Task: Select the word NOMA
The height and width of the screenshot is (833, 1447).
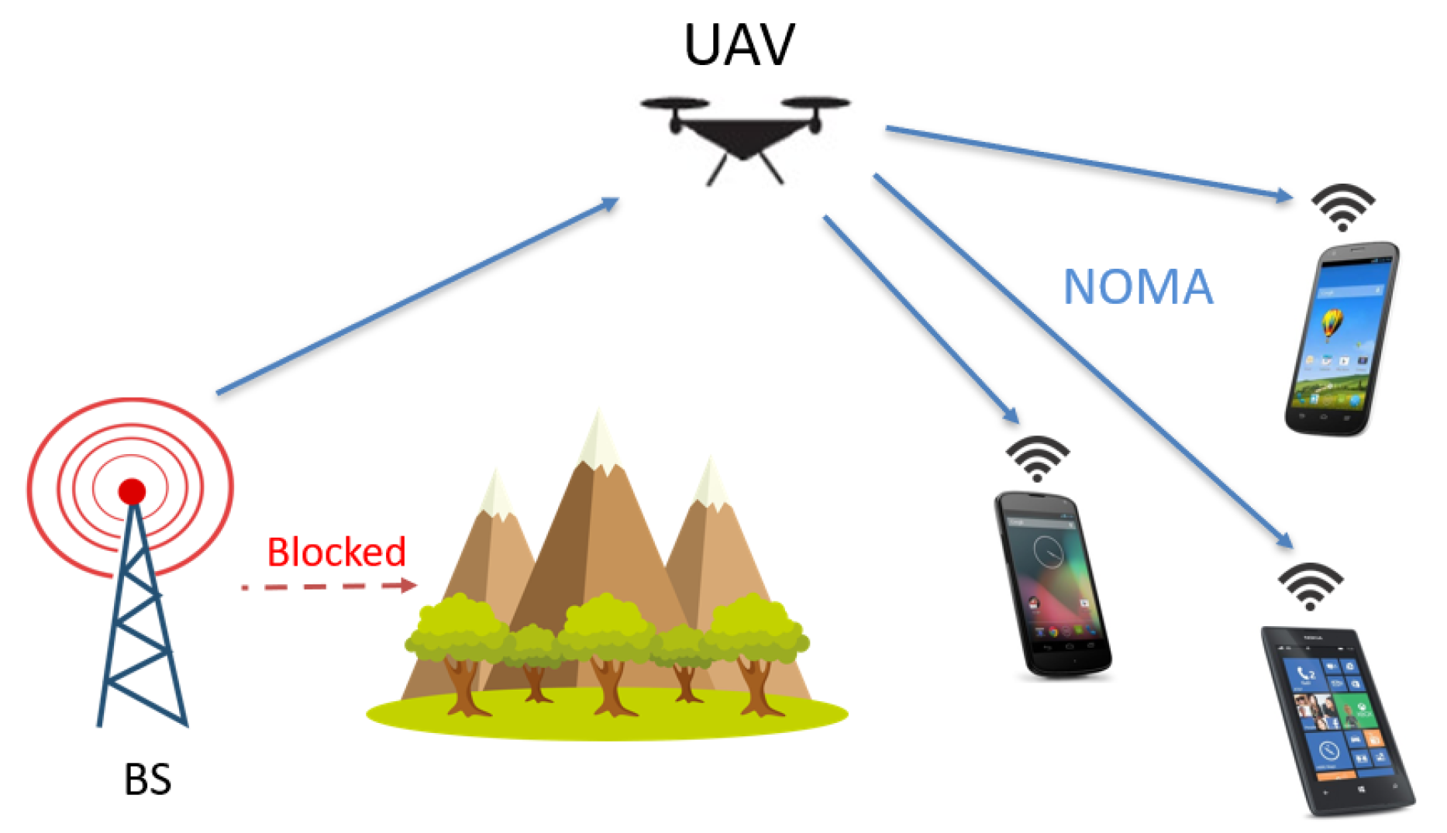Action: coord(1137,287)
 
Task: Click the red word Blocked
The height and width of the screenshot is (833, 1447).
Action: coord(336,552)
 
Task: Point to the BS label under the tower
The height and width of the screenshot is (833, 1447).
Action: coord(147,779)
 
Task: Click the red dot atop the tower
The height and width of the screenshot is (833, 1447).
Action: coord(132,491)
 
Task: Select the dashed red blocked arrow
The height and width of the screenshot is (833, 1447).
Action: coord(329,586)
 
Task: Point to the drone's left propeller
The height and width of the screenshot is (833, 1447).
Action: coord(674,103)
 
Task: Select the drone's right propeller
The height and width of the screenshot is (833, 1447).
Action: coord(815,102)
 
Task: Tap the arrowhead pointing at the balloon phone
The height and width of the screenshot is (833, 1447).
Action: coord(1283,196)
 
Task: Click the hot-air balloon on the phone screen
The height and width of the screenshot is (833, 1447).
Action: coord(1332,322)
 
